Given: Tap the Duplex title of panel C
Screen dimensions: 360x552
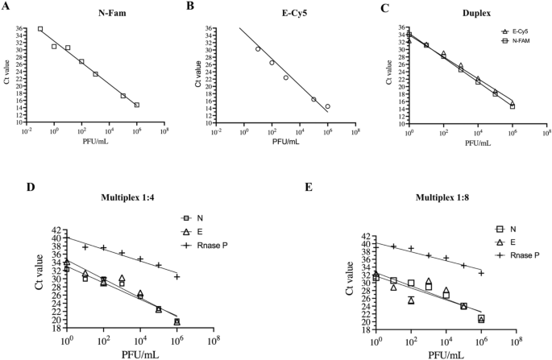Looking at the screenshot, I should tap(463, 12).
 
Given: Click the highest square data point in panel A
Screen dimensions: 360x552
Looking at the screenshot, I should tap(40, 29).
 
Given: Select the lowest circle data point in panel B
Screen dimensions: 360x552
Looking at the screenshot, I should tap(327, 106).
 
